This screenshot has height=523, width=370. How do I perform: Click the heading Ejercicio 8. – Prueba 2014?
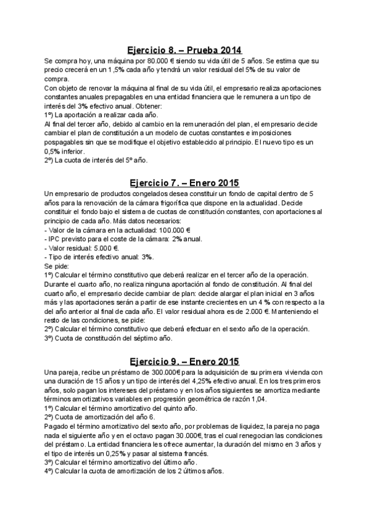[x=184, y=50]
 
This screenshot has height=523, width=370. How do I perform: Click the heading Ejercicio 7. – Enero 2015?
[x=184, y=183]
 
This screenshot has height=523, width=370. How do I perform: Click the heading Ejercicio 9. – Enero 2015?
[x=184, y=361]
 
